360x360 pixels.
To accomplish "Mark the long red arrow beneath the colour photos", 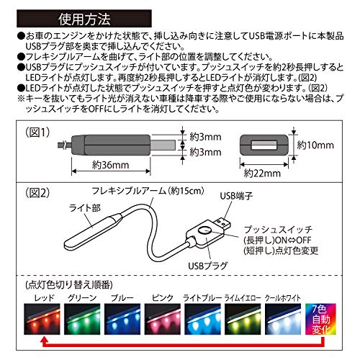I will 180,344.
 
